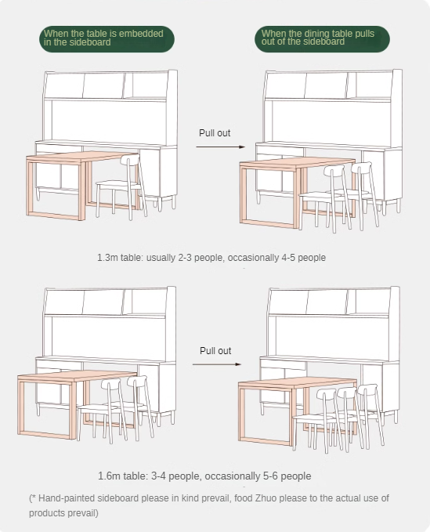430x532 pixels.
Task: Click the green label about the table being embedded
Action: (x=107, y=39)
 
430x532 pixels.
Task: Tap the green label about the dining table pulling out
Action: (x=322, y=39)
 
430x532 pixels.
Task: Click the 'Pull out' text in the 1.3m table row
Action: (x=215, y=133)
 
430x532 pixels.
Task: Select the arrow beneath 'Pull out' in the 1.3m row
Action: (x=220, y=147)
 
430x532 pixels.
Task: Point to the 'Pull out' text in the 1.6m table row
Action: (x=215, y=350)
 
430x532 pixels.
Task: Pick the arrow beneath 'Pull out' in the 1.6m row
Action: (x=217, y=364)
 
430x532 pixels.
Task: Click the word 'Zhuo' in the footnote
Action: (x=266, y=498)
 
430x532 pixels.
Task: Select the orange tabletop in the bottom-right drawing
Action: (x=298, y=382)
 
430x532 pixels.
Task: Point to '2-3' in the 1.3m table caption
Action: (x=185, y=258)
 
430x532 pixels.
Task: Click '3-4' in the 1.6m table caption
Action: (x=158, y=476)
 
